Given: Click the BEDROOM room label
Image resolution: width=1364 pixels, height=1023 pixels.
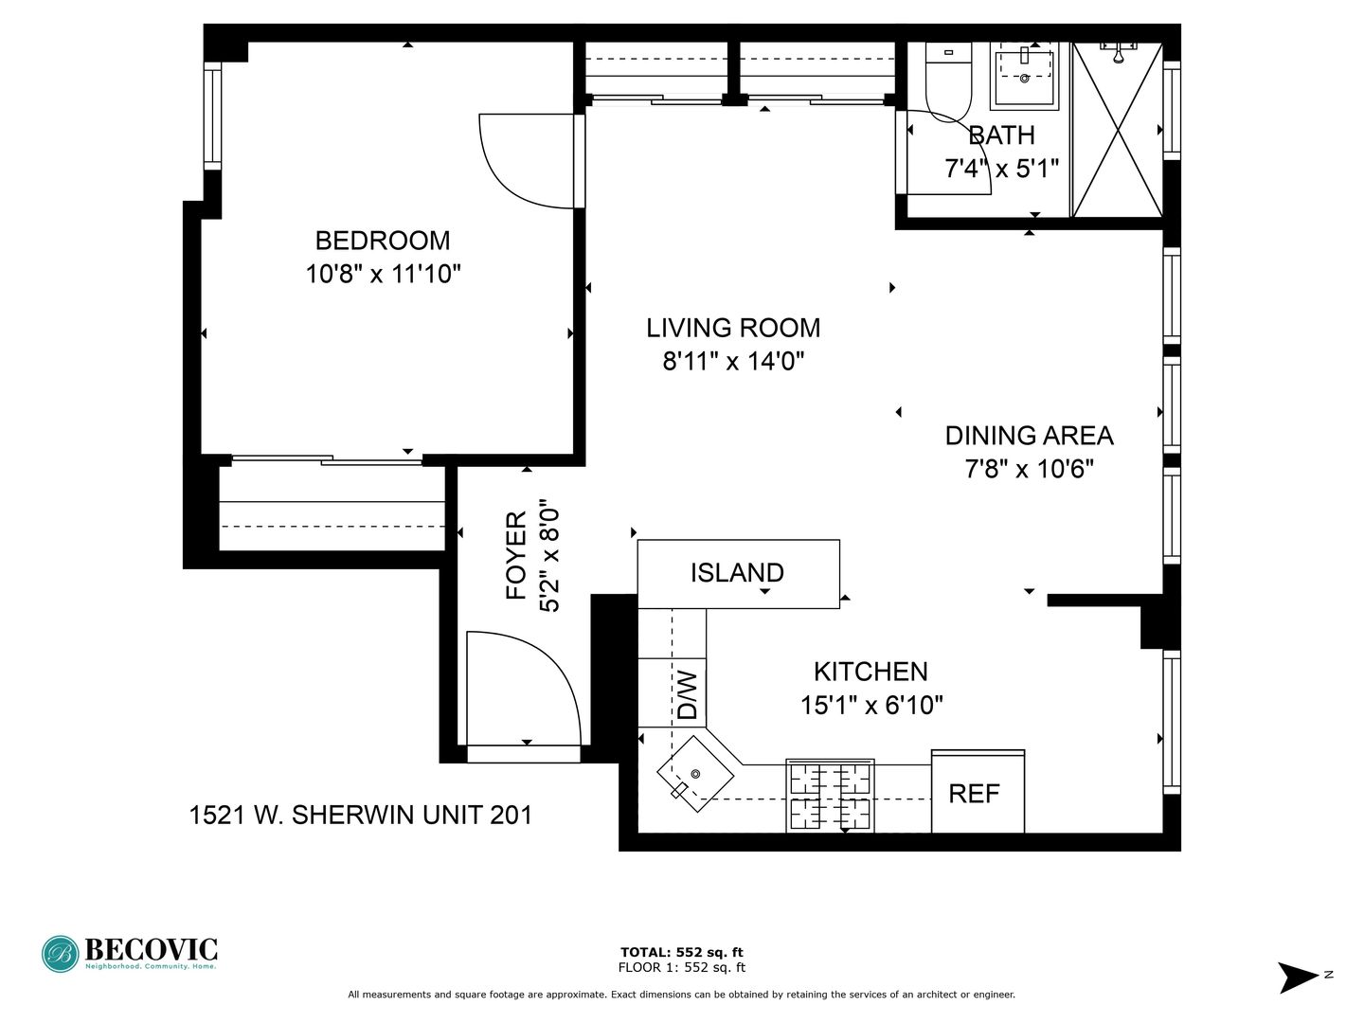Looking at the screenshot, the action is [x=382, y=241].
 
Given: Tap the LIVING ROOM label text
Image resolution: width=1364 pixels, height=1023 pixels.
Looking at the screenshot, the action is [x=733, y=328].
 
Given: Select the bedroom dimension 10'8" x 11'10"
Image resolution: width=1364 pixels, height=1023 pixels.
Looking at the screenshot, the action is [x=383, y=274].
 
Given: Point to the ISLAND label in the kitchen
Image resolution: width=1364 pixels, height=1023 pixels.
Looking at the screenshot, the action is [x=737, y=573].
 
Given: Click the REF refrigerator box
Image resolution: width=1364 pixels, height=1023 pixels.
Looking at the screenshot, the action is [x=978, y=791].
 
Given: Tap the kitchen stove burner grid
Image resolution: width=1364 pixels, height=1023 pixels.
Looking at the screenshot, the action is [x=830, y=796].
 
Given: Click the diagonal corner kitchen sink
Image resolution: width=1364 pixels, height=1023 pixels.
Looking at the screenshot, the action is [x=695, y=774].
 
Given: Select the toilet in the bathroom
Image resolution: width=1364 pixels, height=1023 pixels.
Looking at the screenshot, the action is [x=948, y=81].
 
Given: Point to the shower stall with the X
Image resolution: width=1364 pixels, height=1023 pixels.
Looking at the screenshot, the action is [x=1118, y=130].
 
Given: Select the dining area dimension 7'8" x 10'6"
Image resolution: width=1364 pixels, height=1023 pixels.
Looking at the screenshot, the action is [x=1029, y=469].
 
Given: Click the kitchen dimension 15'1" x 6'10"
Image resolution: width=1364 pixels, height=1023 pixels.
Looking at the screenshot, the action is [x=871, y=706].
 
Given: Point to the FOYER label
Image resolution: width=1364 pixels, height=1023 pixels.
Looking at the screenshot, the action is [x=516, y=556].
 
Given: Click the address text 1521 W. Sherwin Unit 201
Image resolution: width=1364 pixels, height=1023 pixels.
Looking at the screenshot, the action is [x=361, y=816].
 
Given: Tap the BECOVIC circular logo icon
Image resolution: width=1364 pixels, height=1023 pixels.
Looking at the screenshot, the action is [x=61, y=954].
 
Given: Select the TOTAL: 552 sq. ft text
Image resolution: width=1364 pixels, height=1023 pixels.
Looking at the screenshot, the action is [x=682, y=952].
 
